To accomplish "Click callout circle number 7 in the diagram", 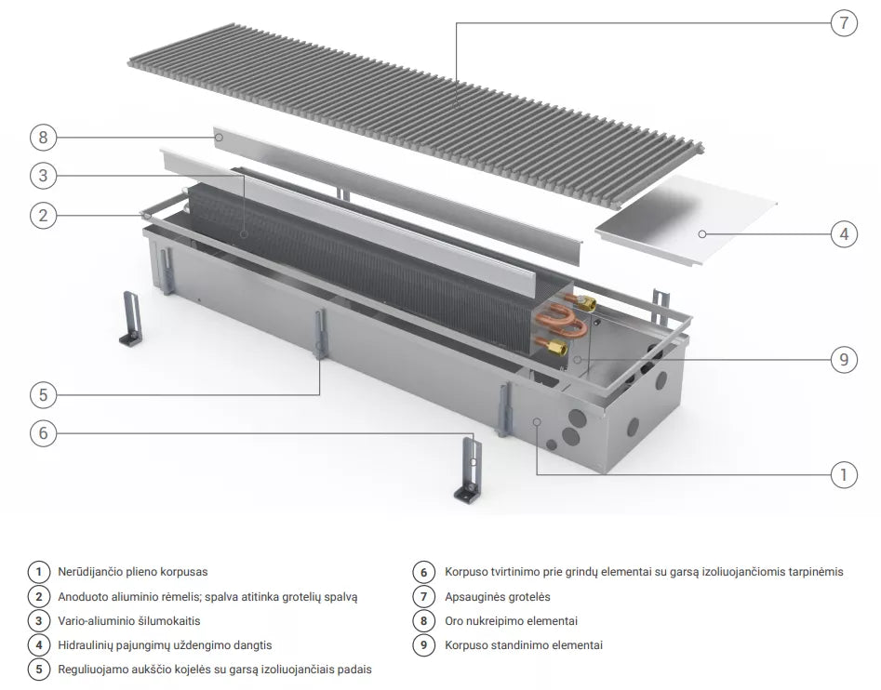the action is coord(844,23).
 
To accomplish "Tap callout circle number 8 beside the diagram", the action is coord(44,138).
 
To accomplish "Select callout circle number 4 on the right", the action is coord(844,233).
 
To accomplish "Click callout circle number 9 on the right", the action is coord(844,359).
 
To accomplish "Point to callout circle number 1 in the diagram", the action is coord(844,475).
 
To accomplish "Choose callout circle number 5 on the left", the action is coord(44,394).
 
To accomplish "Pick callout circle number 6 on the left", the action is coord(44,432).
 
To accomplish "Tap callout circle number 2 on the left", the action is coord(44,216).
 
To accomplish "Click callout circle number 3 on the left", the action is coord(44,176).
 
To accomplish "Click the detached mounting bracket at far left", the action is coord(131,317).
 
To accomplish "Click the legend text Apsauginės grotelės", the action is coord(497,597).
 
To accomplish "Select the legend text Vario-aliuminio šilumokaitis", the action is coord(128,621).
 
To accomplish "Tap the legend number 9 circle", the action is coord(423,645).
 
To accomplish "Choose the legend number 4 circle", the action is coord(39,645).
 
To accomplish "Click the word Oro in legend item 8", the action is coord(454,621).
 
